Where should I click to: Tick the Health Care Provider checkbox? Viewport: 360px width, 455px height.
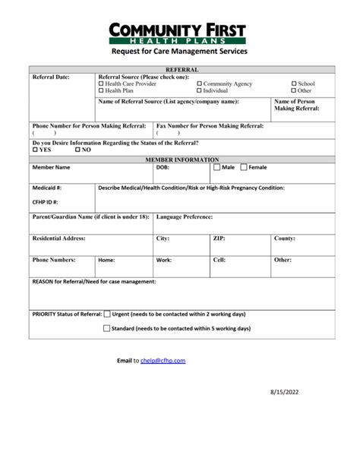tap(102, 84)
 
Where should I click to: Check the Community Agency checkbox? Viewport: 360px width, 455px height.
tap(200, 84)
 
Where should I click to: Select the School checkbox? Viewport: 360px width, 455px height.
tap(295, 84)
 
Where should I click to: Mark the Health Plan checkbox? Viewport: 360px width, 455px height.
tap(102, 90)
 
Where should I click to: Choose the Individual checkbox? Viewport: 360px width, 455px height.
tap(200, 90)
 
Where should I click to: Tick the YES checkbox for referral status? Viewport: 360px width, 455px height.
tap(35, 150)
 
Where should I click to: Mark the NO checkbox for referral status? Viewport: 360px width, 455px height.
tap(76, 150)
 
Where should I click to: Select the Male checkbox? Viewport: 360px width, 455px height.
tap(216, 167)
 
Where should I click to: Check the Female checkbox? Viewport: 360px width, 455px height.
tap(244, 167)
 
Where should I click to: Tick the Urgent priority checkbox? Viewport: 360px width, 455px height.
tap(106, 313)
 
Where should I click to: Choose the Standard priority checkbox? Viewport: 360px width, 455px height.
tap(106, 329)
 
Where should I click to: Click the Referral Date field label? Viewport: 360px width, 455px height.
tap(51, 77)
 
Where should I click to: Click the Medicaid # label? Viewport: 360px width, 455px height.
tap(47, 187)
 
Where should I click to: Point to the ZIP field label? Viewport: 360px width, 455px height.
tap(219, 238)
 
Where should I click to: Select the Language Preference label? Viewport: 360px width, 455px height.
tap(185, 216)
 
